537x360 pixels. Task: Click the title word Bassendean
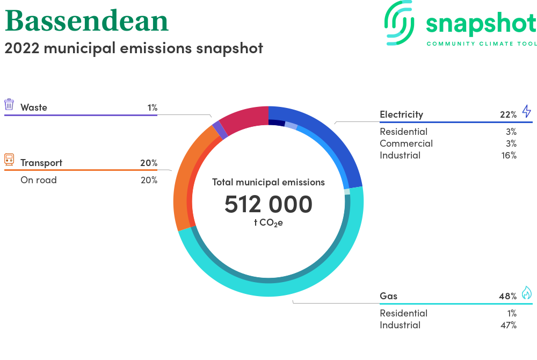point(86,20)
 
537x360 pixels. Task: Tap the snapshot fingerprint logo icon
point(399,23)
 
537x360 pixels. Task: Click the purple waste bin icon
point(9,104)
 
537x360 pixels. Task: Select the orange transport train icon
point(9,160)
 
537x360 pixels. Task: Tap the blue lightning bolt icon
point(526,111)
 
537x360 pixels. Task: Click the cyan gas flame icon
point(526,292)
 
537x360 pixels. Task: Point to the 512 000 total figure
point(268,204)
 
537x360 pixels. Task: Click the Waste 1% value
point(153,107)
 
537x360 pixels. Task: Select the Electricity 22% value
point(508,114)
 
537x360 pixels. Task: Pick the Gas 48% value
point(508,296)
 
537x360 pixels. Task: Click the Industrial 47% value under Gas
point(509,325)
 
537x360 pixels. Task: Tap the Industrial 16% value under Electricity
point(509,155)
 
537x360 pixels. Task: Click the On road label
point(38,180)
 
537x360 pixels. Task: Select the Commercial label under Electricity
point(406,143)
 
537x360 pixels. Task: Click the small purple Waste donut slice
point(220,130)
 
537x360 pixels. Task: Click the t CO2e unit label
point(268,222)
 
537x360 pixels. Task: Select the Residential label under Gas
point(403,313)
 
